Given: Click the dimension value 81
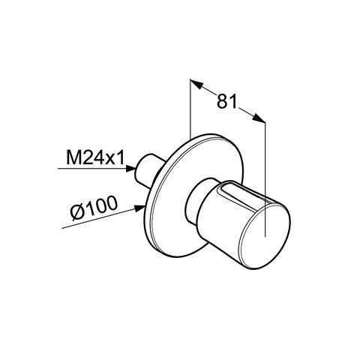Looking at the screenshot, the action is point(226,101).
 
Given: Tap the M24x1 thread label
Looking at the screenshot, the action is point(95,157).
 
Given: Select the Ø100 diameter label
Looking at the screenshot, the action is point(94,208).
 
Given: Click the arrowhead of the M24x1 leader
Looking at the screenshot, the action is point(131,168).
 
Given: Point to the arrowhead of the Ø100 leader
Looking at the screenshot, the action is point(141,208).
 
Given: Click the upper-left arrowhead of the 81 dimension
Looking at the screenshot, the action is point(196,84).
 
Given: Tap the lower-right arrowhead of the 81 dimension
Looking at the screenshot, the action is point(259,118).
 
